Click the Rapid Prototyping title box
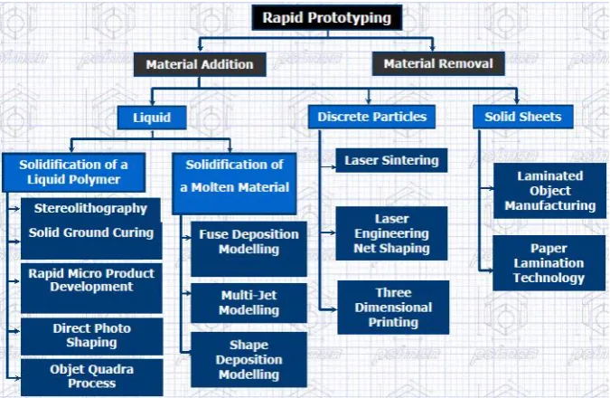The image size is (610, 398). [x=327, y=17]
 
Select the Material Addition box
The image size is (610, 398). [x=200, y=64]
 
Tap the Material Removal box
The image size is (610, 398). [x=438, y=63]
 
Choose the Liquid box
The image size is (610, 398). [x=152, y=118]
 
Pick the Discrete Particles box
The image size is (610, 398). [x=371, y=117]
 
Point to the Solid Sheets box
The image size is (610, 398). [x=523, y=117]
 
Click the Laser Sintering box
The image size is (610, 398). [x=391, y=160]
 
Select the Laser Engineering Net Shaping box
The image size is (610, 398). [x=391, y=233]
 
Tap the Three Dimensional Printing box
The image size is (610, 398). [x=393, y=308]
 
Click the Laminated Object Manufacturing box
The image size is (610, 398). [x=549, y=191]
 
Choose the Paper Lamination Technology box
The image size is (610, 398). [x=549, y=263]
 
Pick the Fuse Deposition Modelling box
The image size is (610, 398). [x=249, y=249]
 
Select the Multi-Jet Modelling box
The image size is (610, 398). [x=249, y=303]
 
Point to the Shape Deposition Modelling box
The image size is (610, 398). [x=249, y=359]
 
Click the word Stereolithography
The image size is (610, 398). [x=90, y=208]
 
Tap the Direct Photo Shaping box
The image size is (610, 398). [x=92, y=336]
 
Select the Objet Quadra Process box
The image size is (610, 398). [x=92, y=377]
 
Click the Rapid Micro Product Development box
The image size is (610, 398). [x=91, y=289]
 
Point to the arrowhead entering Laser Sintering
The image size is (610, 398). [x=333, y=167]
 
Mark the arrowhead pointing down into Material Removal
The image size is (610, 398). [x=432, y=48]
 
